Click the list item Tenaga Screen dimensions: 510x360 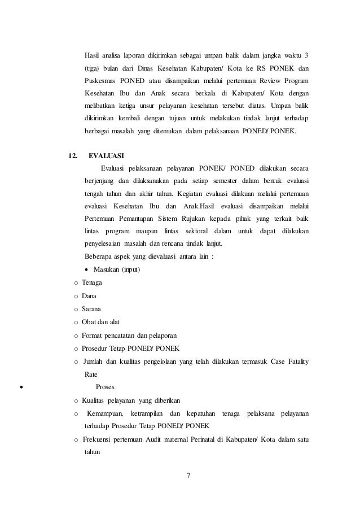tap(93, 282)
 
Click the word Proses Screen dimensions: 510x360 tap(106, 387)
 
